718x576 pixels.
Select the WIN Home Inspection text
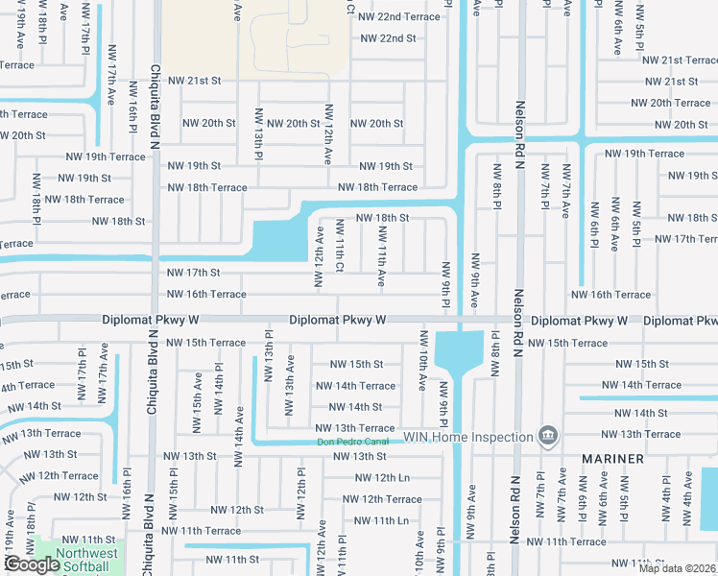[x=467, y=438]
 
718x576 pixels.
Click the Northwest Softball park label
[x=86, y=560]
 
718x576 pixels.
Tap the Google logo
[x=31, y=564]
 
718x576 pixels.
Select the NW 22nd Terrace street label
[x=398, y=17]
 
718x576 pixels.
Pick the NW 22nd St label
[x=388, y=38]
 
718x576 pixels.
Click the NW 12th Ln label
[x=382, y=477]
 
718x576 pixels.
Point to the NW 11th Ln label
[x=382, y=520]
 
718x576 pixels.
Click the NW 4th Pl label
[x=666, y=496]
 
